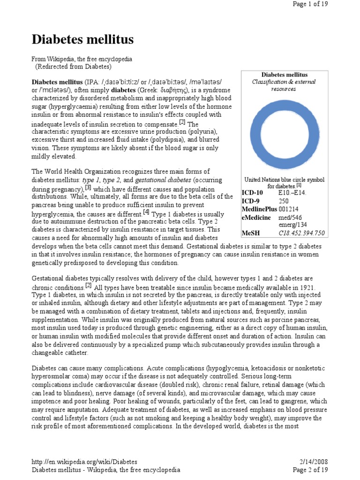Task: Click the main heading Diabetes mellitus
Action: point(82,39)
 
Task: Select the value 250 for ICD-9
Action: point(285,201)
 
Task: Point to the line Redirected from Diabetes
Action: point(73,67)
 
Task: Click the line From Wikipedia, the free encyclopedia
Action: point(82,60)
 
